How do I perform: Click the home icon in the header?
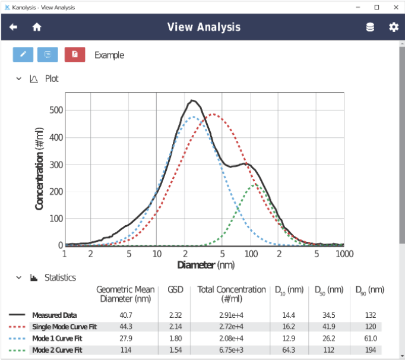tap(37, 27)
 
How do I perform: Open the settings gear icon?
tap(393, 27)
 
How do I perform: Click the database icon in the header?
tap(370, 27)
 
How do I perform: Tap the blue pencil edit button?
tap(23, 55)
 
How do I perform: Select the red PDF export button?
tap(75, 55)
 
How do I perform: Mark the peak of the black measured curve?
tap(192, 100)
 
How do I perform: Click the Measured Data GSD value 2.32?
tap(176, 315)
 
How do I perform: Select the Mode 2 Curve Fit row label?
tap(57, 350)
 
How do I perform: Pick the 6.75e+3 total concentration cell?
tap(231, 350)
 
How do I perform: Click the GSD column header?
tap(176, 290)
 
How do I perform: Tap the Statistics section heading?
tap(61, 277)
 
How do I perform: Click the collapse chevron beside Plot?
tap(19, 78)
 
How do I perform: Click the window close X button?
tap(393, 7)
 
